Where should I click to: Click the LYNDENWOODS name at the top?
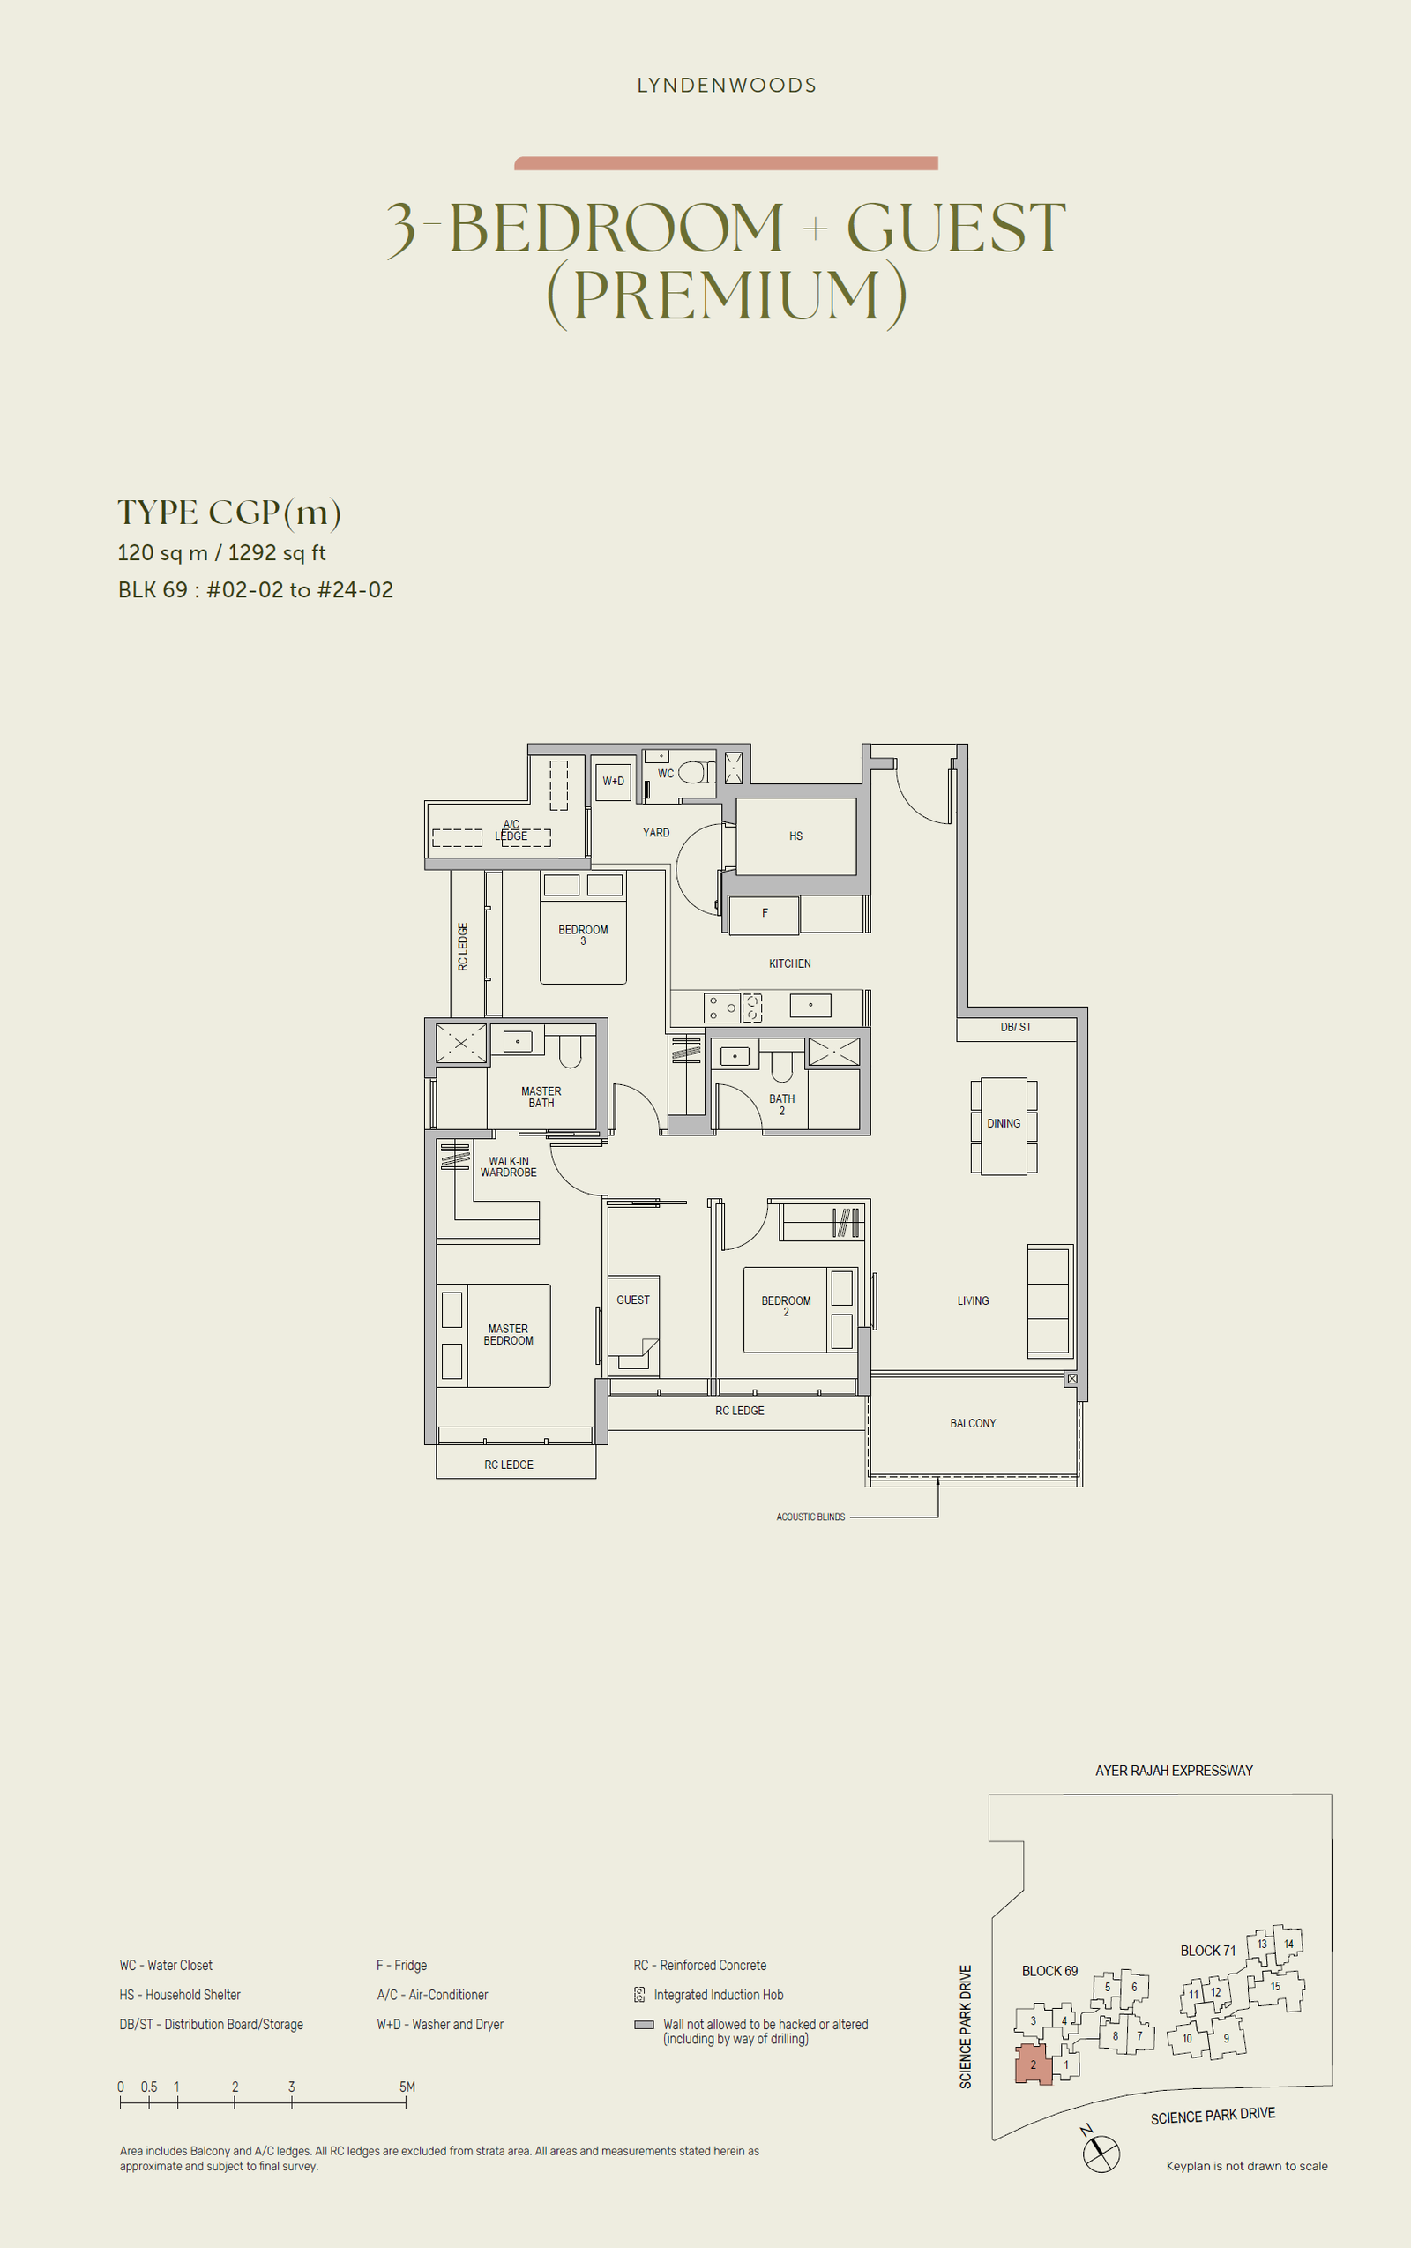click(x=726, y=85)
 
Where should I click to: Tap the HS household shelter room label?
click(x=796, y=836)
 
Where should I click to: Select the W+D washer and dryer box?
click(x=613, y=781)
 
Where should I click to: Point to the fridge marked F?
click(x=765, y=915)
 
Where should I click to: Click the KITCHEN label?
click(x=789, y=963)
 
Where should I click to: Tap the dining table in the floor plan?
click(x=1004, y=1125)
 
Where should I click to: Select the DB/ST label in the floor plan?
click(x=1016, y=1027)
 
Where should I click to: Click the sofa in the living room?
click(x=1049, y=1300)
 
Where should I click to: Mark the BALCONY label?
click(x=974, y=1424)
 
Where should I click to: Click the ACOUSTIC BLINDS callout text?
click(x=811, y=1517)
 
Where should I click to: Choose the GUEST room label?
click(x=632, y=1300)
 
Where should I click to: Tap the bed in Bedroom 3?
click(x=583, y=928)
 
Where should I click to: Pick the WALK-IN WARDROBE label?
click(x=509, y=1167)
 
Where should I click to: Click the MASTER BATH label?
click(x=541, y=1097)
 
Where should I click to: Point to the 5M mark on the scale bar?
click(x=407, y=2087)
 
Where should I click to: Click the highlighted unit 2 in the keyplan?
click(x=1034, y=2064)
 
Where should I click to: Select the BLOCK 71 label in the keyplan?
click(x=1207, y=1950)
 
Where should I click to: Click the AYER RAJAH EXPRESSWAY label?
click(x=1174, y=1770)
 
